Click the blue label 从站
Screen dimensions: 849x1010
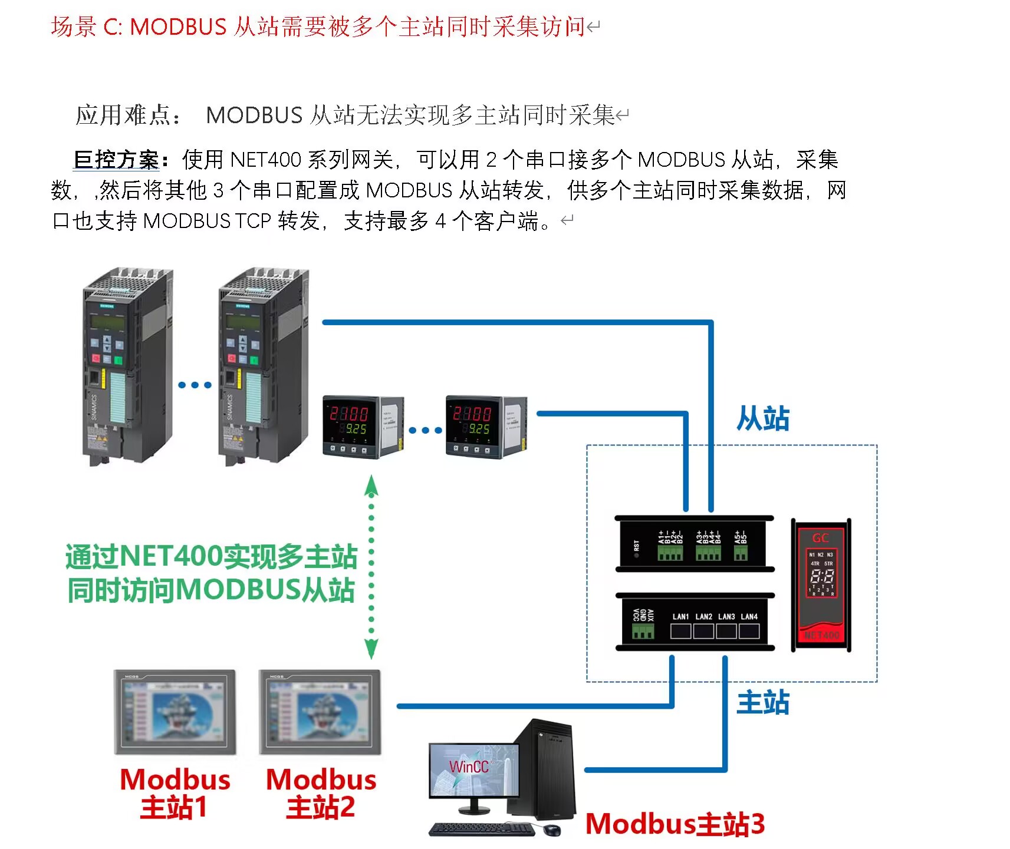(x=762, y=419)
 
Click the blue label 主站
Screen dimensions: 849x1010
(x=762, y=702)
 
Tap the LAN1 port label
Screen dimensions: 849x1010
(x=680, y=616)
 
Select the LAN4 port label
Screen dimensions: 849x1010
(x=749, y=616)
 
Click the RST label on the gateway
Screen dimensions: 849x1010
(x=636, y=546)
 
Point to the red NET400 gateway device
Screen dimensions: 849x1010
(x=821, y=585)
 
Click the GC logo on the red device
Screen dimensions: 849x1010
(x=820, y=538)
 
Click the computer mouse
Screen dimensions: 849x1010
(x=552, y=830)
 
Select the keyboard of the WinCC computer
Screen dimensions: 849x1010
(x=482, y=829)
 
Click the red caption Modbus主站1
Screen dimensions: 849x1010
(x=175, y=793)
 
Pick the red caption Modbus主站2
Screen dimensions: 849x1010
(x=321, y=793)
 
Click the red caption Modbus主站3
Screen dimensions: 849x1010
(x=675, y=824)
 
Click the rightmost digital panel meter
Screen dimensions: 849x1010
(x=485, y=427)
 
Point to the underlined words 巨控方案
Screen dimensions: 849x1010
(x=117, y=159)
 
